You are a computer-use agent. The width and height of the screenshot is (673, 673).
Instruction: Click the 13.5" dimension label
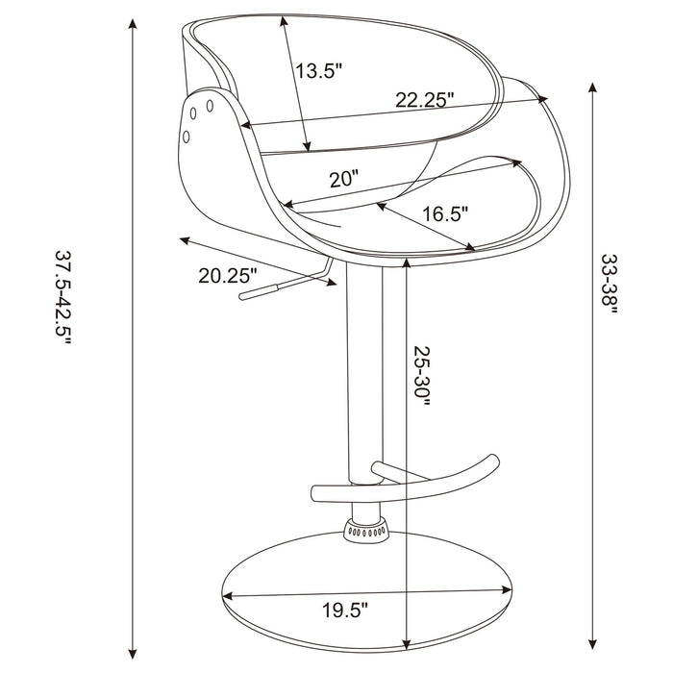[319, 70]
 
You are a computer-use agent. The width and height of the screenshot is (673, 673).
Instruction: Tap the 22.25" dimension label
[424, 99]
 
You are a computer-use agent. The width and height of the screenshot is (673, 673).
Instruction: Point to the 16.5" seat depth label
[443, 213]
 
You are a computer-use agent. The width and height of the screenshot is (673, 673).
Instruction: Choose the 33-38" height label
[611, 285]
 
